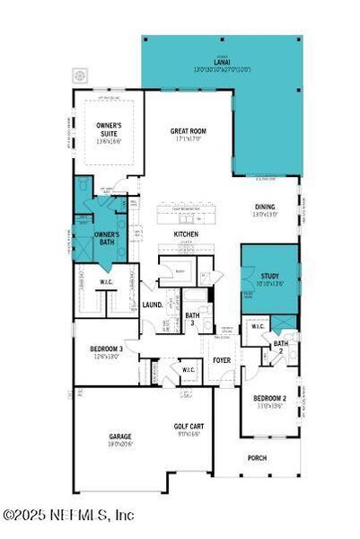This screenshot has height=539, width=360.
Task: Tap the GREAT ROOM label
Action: [x=189, y=131]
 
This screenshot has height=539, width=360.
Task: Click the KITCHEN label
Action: [x=186, y=234]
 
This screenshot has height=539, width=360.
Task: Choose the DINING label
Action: [x=265, y=208]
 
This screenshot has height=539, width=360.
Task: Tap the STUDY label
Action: [x=270, y=276]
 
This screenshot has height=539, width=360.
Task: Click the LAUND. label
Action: [x=152, y=305]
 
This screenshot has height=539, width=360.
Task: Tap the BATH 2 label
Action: [x=281, y=346]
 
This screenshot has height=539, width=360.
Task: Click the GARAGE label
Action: [x=119, y=437]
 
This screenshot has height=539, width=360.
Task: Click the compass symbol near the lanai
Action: [x=80, y=75]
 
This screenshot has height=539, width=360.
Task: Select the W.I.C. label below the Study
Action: [x=256, y=326]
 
